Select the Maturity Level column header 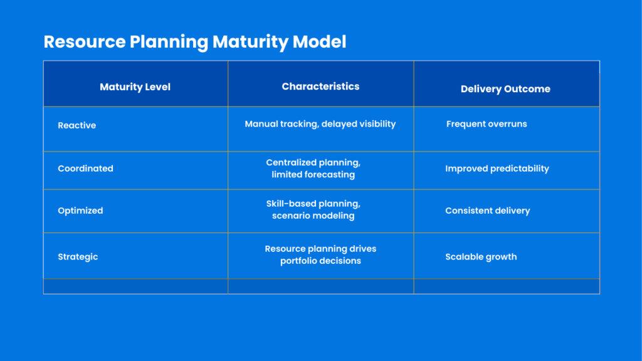coord(135,87)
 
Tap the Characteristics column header coord(320,86)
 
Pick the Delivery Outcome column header coord(505,89)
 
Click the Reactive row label coord(76,125)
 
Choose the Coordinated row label coord(85,169)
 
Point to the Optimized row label coord(80,211)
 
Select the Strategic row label coord(78,257)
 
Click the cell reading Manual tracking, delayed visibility coord(320,124)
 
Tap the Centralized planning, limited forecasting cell coord(313,169)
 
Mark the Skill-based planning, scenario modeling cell coord(313,210)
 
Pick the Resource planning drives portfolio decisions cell coord(320,254)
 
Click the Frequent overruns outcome coord(487,124)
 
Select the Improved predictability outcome coord(497,169)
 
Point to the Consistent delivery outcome coord(487,211)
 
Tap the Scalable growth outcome coord(481,257)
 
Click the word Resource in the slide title coord(85,42)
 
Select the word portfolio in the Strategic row coord(299,261)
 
